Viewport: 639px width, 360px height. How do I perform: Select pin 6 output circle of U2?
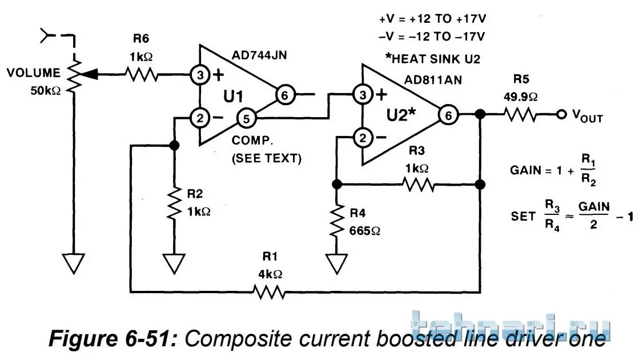tap(449, 115)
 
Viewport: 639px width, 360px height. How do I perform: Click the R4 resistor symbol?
tap(337, 220)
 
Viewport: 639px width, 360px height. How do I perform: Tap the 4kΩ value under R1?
tap(270, 274)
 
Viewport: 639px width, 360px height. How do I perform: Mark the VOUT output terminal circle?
tap(562, 115)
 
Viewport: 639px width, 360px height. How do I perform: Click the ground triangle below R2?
tap(173, 263)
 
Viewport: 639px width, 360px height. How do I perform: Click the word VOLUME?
tap(34, 73)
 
